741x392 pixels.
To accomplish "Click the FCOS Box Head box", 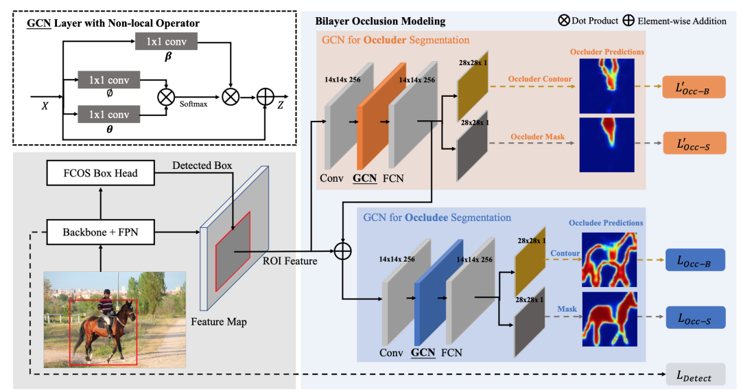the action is [x=101, y=172].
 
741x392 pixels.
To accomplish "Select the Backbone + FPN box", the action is [x=101, y=232].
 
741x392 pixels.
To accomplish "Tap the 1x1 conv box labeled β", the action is [x=166, y=42].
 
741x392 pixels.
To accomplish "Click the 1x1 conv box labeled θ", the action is [x=108, y=115].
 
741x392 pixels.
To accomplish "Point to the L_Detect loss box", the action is [x=695, y=375].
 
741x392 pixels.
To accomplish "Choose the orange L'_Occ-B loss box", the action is [x=694, y=87].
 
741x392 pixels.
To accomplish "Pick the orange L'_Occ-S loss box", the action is [x=694, y=143].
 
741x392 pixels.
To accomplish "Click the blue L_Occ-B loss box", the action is [x=695, y=260].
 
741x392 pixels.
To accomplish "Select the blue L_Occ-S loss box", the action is [x=695, y=317].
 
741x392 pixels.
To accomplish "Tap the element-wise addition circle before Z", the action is [x=265, y=97].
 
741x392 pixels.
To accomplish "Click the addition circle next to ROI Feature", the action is [x=342, y=251].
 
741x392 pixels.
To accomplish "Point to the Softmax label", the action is [x=193, y=104].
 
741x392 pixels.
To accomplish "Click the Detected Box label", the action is [x=202, y=165].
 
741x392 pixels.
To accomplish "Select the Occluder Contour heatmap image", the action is [x=607, y=86].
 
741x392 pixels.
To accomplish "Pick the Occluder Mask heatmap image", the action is [x=607, y=145].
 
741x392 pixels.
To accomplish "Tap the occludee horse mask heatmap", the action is [x=610, y=319].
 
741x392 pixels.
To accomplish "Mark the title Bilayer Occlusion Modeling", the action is [x=380, y=21].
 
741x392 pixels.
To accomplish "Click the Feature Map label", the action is [x=219, y=322].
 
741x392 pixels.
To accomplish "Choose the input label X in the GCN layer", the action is [x=45, y=106].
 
